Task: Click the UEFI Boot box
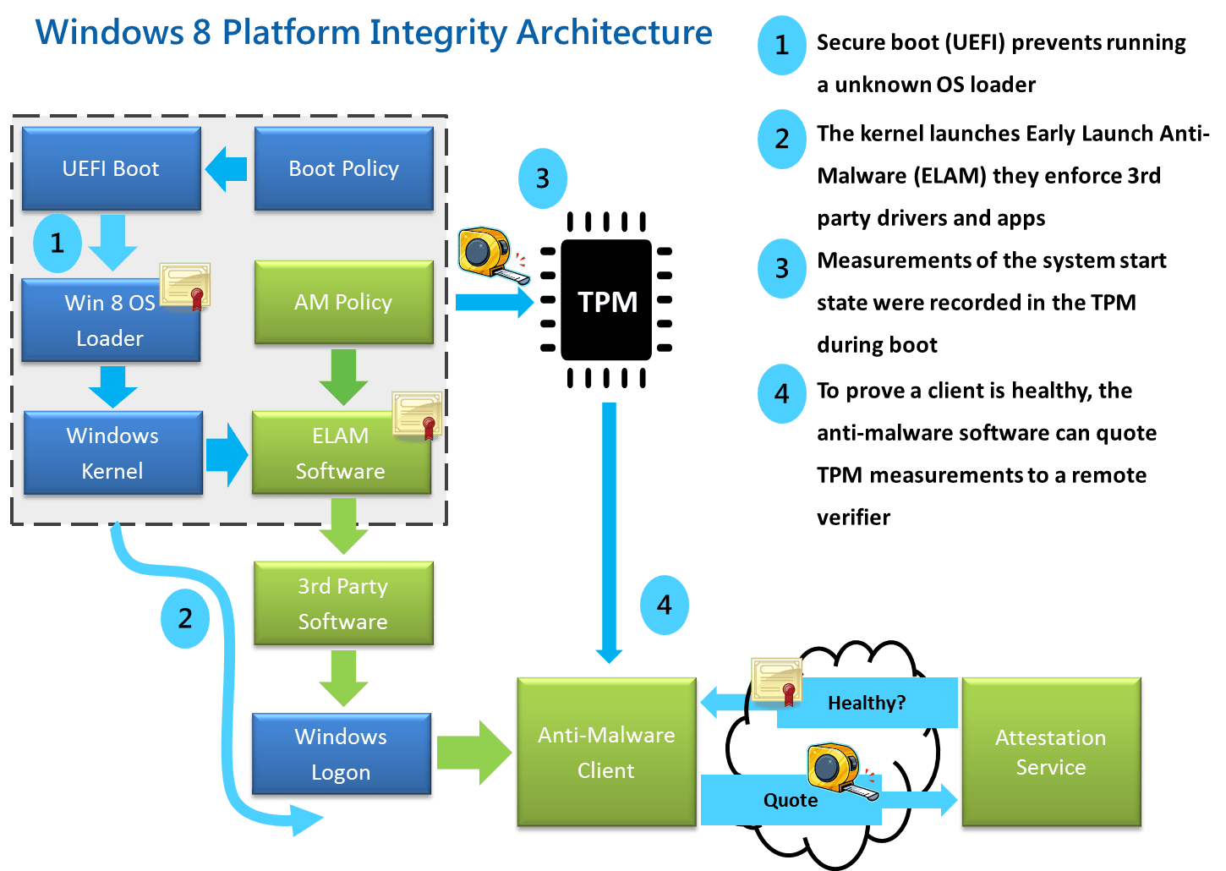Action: (111, 168)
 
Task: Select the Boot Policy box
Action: (343, 168)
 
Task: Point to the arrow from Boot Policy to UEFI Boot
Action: (226, 168)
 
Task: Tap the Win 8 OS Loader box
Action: (110, 320)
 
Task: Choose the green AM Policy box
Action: (343, 302)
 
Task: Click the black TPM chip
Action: (606, 301)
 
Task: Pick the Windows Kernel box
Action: (112, 453)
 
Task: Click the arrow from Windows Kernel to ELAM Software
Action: (227, 455)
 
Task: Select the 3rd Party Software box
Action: (342, 604)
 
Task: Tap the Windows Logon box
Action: (341, 754)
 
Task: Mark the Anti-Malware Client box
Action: (606, 753)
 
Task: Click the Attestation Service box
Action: (1051, 752)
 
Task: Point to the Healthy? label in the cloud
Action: (867, 703)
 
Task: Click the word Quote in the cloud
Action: (791, 800)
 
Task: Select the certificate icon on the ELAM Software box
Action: (417, 414)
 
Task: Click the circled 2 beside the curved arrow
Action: (185, 618)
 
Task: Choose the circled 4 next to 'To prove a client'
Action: (781, 393)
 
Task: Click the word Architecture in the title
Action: (614, 32)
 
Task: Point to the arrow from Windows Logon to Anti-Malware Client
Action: (473, 753)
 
